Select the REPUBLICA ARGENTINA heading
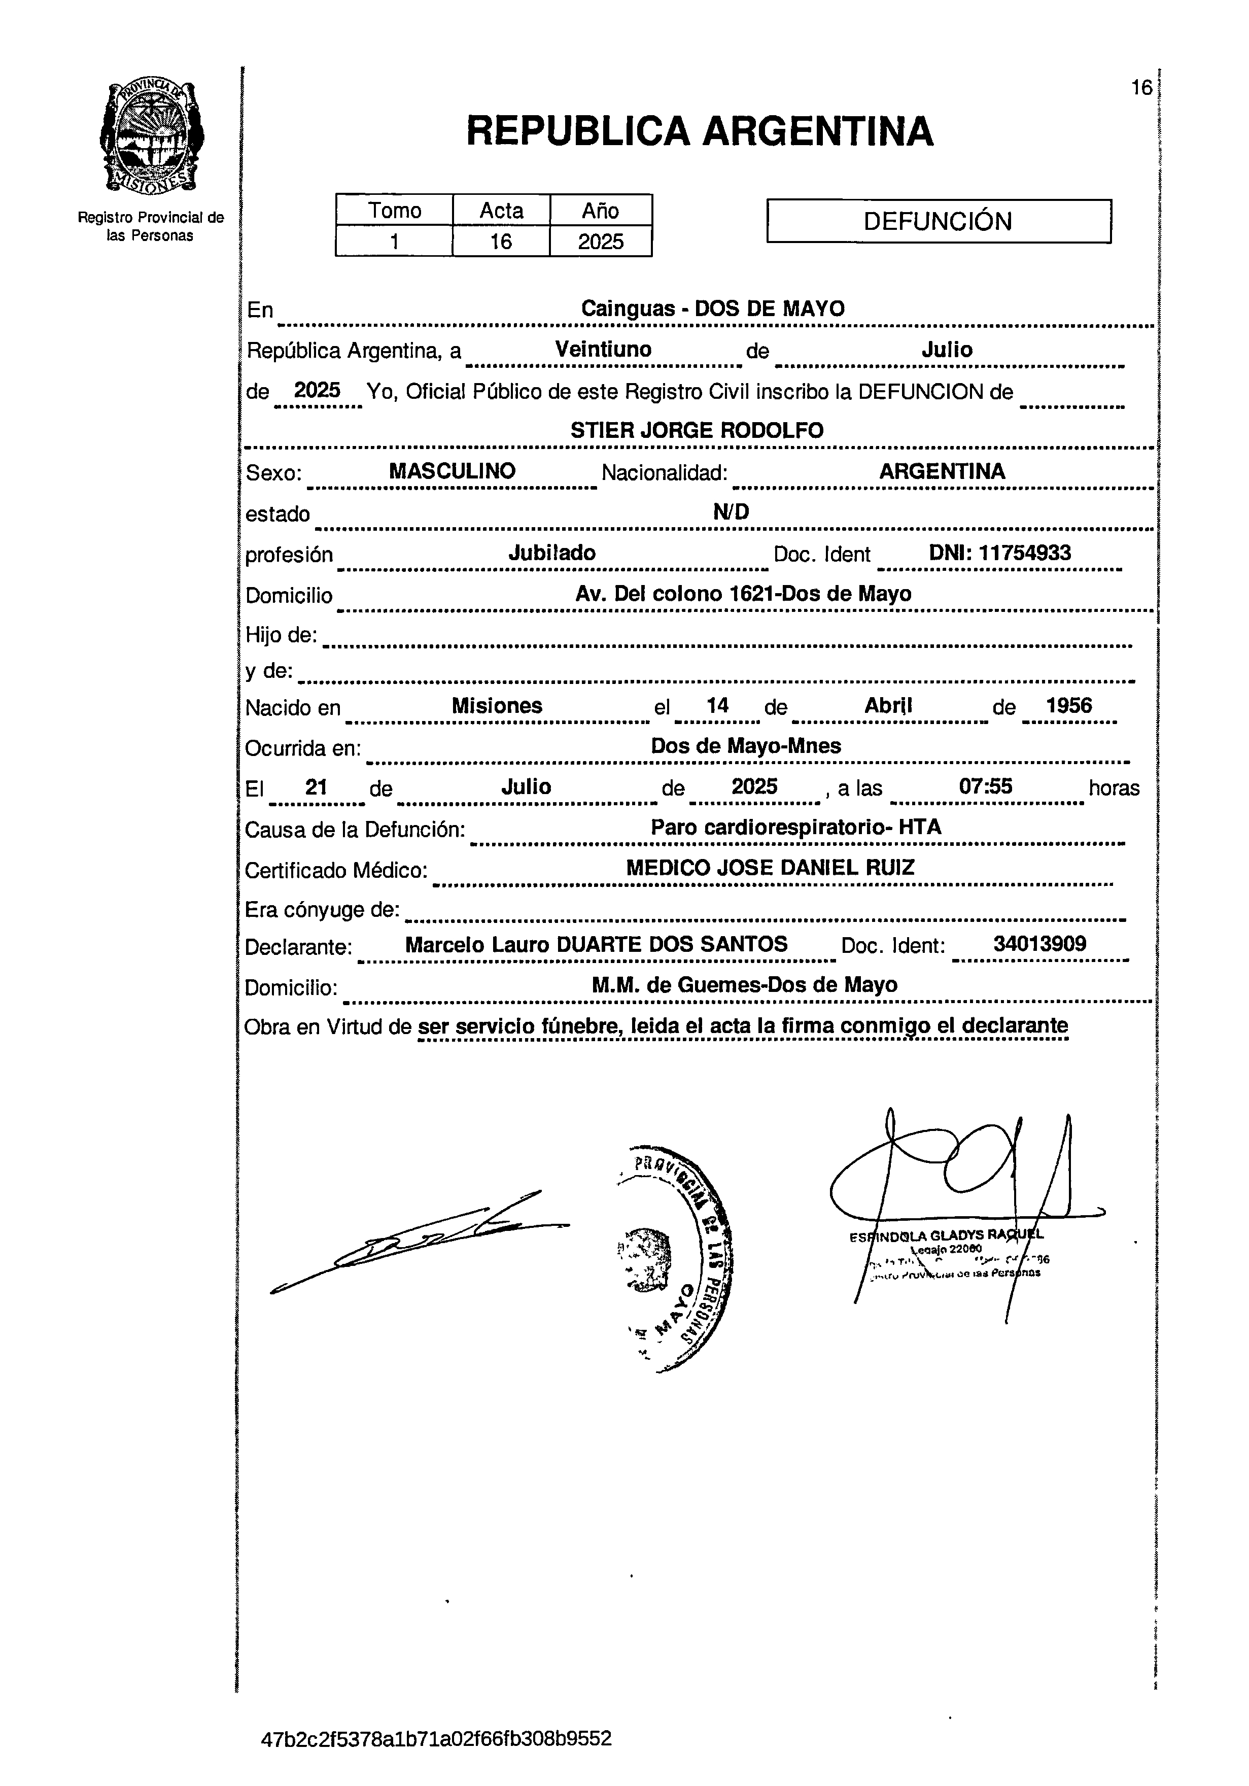tap(699, 131)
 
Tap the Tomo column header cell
tap(394, 210)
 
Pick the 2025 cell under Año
tap(600, 241)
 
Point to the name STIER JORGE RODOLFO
tap(697, 430)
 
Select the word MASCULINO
tap(452, 471)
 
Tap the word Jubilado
tap(551, 553)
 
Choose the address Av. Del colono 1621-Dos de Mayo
tap(743, 594)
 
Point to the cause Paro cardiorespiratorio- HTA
tap(795, 827)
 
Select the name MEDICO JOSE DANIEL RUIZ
tap(770, 867)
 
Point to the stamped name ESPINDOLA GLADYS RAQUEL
tap(947, 1234)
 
